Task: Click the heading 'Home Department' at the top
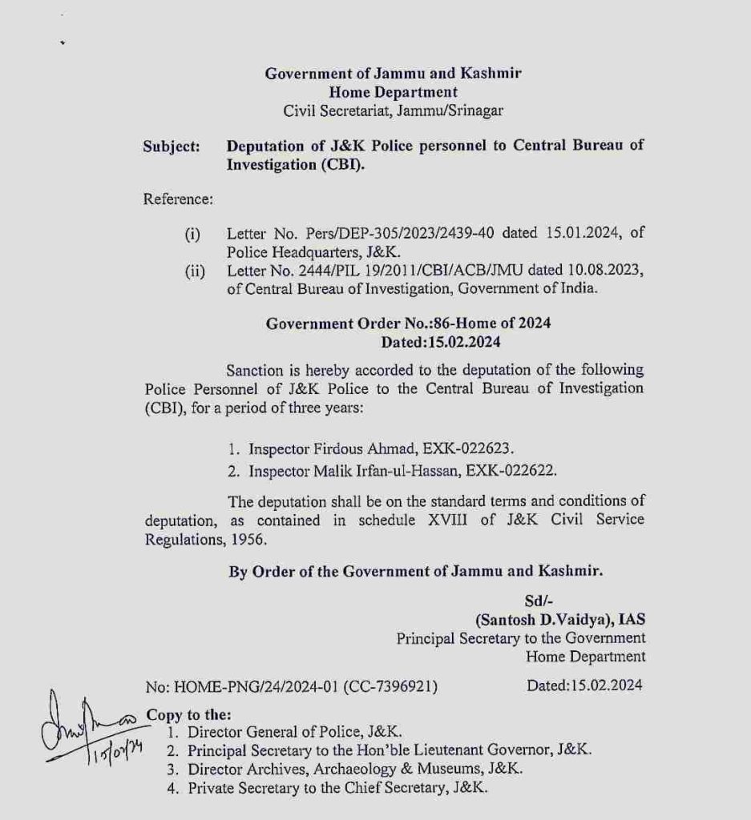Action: click(x=393, y=92)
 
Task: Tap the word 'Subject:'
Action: click(x=172, y=147)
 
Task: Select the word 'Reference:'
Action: click(x=178, y=199)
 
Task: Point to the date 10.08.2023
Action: click(x=606, y=271)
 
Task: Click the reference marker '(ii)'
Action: click(x=195, y=271)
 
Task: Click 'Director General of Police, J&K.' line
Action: click(x=294, y=731)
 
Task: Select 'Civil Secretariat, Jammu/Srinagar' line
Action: click(x=394, y=111)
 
